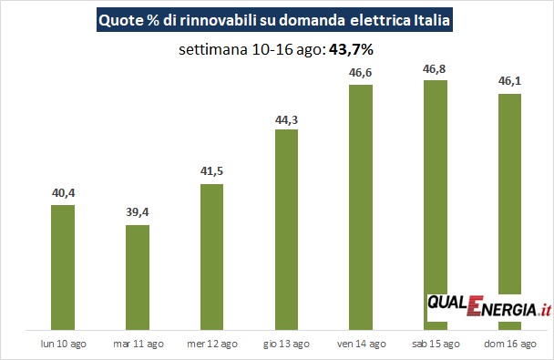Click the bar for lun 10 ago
coord(63,267)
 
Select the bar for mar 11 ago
coord(138,277)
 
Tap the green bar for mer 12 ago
coord(211,257)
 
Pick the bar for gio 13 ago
coord(286,230)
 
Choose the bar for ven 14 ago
coord(361,208)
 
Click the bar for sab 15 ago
coord(436,187)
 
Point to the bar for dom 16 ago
coord(510,194)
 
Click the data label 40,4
coord(64,193)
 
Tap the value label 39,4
coord(138,212)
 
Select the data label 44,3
coord(286,120)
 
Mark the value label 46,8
coord(435,69)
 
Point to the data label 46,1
coord(510,81)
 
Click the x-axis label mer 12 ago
coord(212,344)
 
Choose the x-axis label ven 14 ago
coord(362,344)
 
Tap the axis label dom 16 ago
coord(510,344)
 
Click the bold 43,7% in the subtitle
coord(351,50)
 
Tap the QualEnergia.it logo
coord(489,306)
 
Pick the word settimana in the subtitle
coord(213,50)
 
